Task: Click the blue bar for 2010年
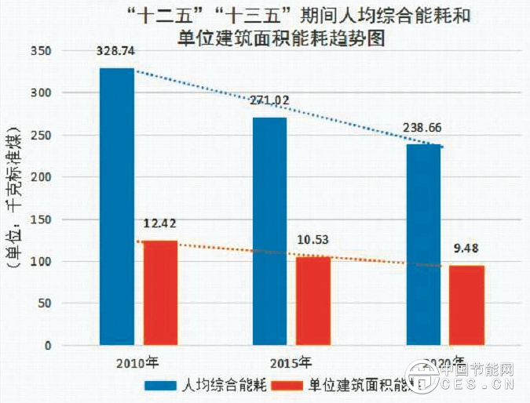point(116,206)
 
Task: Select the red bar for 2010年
point(159,292)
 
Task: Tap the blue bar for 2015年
point(269,231)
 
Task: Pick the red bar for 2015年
point(313,300)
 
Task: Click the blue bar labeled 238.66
point(423,245)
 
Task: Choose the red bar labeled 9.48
point(466,305)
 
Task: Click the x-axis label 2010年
point(137,364)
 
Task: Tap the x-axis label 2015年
point(291,364)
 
